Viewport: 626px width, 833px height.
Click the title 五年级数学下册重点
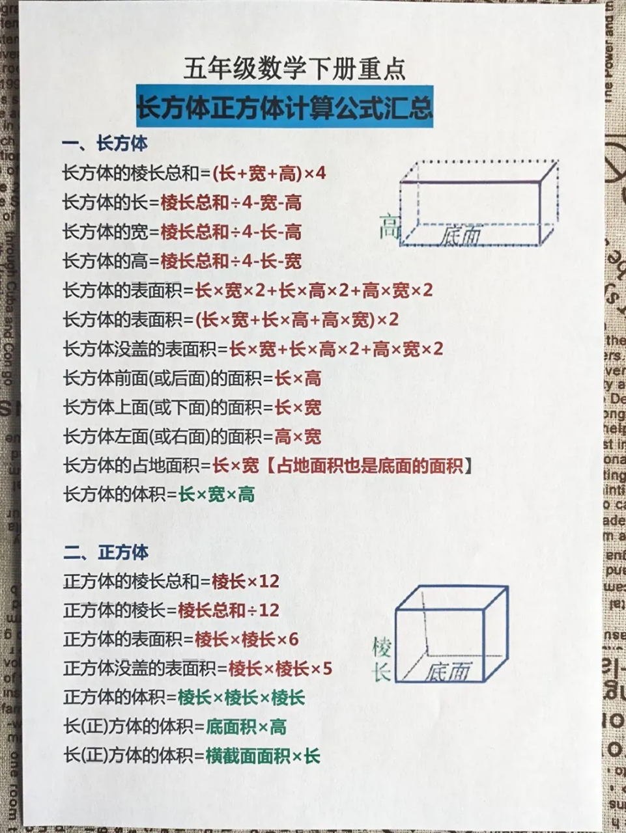click(294, 69)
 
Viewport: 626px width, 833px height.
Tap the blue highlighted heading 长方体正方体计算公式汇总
click(285, 107)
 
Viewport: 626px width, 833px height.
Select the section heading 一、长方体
click(105, 144)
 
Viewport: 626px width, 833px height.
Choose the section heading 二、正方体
click(106, 553)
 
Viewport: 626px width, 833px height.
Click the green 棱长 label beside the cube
click(382, 659)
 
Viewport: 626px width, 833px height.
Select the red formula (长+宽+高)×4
click(269, 174)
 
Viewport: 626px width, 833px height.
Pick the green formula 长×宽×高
click(216, 495)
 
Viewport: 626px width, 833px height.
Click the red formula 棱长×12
click(246, 581)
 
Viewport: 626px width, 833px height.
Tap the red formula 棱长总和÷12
click(228, 610)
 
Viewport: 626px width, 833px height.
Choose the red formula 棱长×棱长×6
click(246, 640)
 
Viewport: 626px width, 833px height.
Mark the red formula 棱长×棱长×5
click(280, 668)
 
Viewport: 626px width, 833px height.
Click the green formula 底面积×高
click(246, 727)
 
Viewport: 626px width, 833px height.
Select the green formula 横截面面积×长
click(263, 756)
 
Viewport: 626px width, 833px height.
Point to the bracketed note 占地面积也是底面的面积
click(369, 466)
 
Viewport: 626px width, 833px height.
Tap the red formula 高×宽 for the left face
click(298, 437)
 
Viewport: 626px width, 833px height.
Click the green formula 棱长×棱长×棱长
click(241, 698)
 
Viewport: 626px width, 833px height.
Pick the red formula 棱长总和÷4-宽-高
click(231, 203)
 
